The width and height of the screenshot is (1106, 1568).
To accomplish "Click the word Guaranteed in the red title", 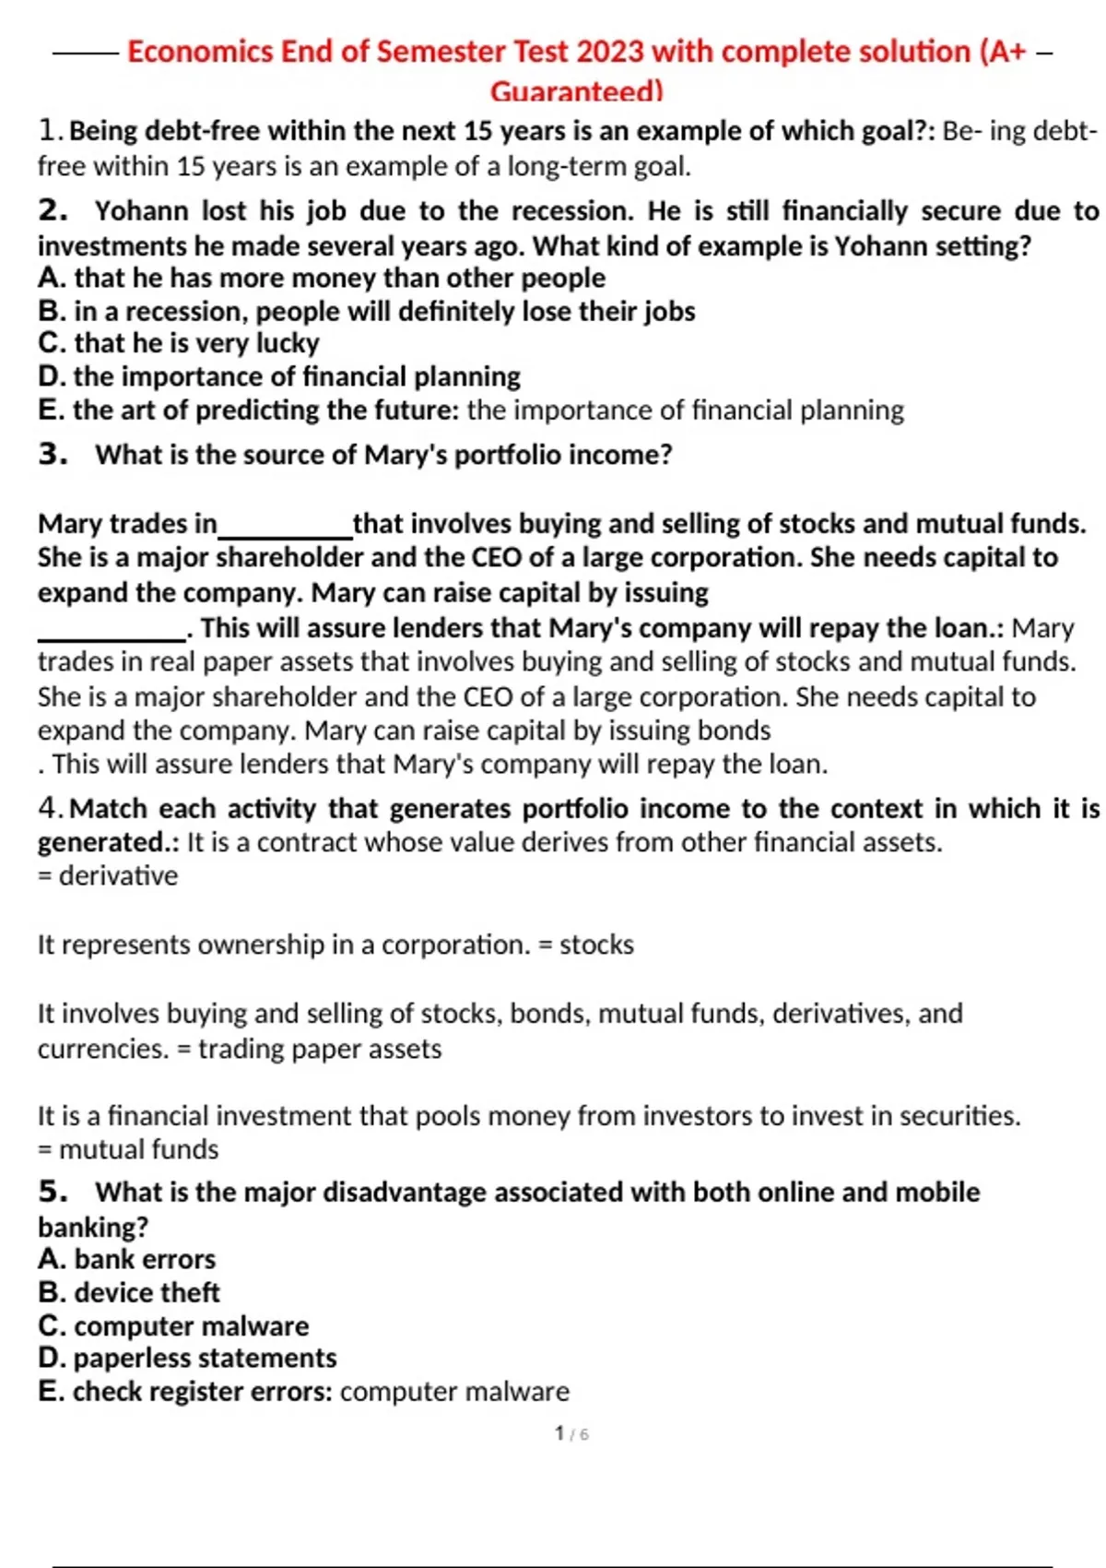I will click(575, 91).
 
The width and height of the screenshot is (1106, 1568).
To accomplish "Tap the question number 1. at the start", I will click(51, 131).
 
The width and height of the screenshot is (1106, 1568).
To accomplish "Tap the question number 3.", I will click(53, 455).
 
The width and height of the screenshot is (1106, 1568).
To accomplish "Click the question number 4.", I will click(51, 809).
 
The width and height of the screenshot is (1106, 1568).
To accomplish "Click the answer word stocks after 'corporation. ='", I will click(596, 944).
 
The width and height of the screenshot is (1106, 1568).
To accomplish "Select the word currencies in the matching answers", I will click(101, 1049).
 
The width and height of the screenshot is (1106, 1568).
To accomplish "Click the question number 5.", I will click(53, 1192).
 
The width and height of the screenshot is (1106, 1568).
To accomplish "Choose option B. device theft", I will click(129, 1292).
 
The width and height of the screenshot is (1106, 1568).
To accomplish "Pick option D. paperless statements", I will click(187, 1358).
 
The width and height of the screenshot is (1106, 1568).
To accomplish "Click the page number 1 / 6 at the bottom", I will click(571, 1433).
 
